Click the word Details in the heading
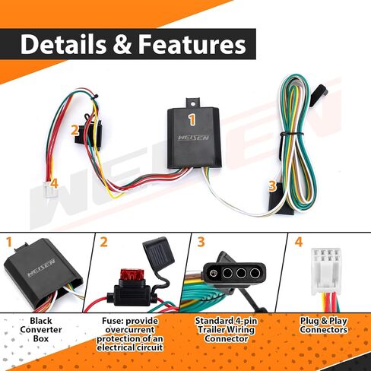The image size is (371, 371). pyautogui.click(x=63, y=44)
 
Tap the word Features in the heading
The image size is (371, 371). pyautogui.click(x=192, y=44)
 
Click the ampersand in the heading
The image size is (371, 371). pyautogui.click(x=122, y=45)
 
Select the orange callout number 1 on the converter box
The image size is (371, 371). pyautogui.click(x=192, y=119)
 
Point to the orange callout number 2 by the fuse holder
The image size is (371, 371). pyautogui.click(x=75, y=131)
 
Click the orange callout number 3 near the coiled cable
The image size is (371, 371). pyautogui.click(x=272, y=185)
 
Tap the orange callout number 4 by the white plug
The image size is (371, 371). pyautogui.click(x=54, y=183)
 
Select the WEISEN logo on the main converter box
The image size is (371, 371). pyautogui.click(x=194, y=138)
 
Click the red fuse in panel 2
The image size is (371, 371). pyautogui.click(x=132, y=275)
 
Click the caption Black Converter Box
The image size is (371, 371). pyautogui.click(x=41, y=330)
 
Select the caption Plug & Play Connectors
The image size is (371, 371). pyautogui.click(x=324, y=325)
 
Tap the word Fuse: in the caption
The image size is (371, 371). pyautogui.click(x=113, y=321)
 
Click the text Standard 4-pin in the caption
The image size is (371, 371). pyautogui.click(x=226, y=321)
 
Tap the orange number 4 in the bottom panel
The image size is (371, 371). pyautogui.click(x=299, y=242)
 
